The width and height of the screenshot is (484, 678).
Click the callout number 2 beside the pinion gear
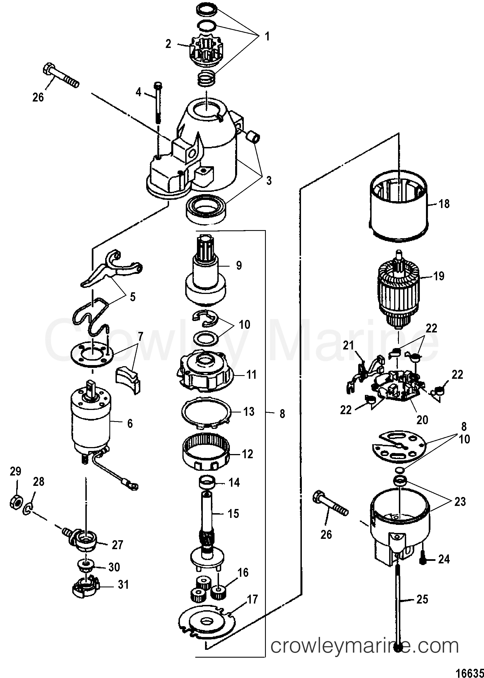point(168,44)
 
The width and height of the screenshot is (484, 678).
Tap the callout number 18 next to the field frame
point(444,204)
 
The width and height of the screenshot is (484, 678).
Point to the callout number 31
point(123,585)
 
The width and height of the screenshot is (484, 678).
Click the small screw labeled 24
point(424,559)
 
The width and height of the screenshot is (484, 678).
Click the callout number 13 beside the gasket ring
point(249,411)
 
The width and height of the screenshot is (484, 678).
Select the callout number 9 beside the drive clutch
point(239,265)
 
